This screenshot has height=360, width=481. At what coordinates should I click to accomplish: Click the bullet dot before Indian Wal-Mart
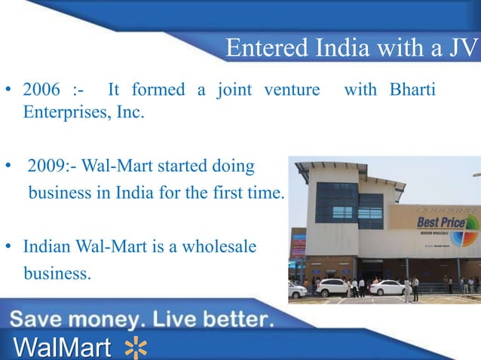click(11, 247)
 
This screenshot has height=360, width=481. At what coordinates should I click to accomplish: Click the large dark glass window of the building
click(337, 206)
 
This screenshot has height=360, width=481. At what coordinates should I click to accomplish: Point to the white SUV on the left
click(332, 287)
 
